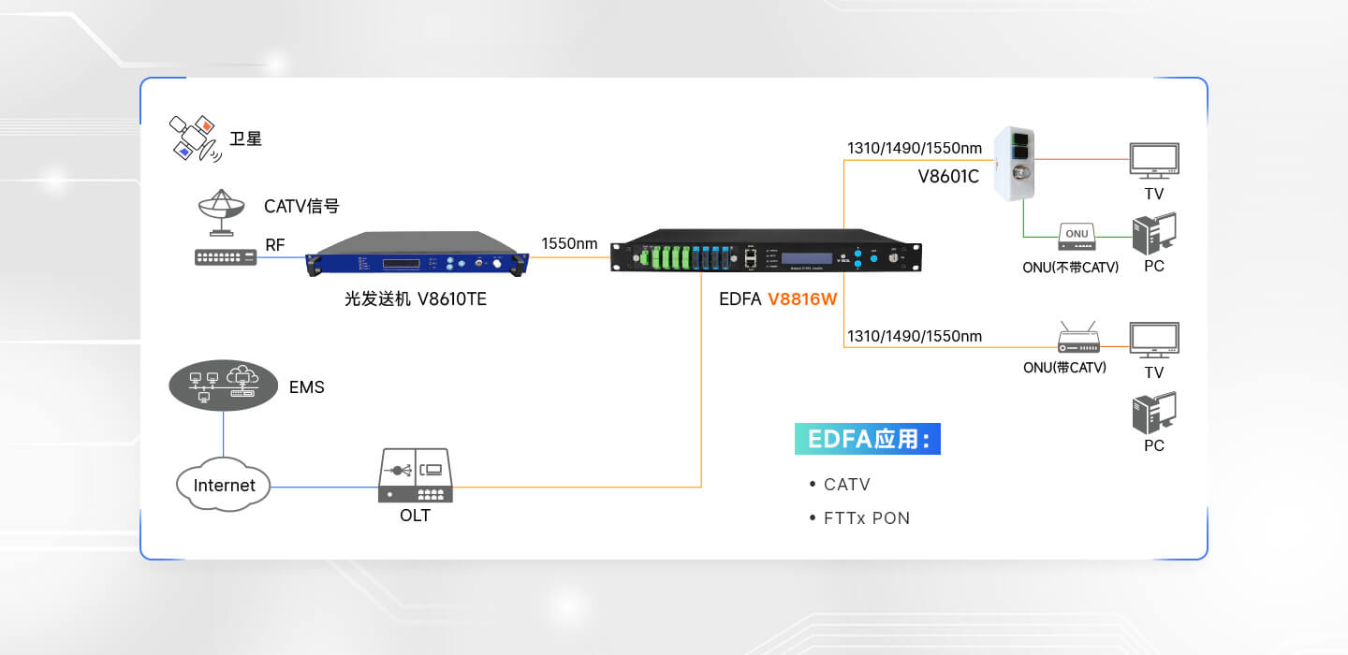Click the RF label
(x=275, y=245)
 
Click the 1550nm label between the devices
(x=569, y=244)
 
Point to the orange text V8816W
(x=802, y=300)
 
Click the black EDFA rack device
(x=766, y=253)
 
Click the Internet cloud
(x=224, y=485)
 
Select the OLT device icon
(x=415, y=475)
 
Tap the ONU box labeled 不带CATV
(x=1077, y=236)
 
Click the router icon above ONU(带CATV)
(x=1077, y=338)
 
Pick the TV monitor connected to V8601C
(x=1154, y=161)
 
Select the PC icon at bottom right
(x=1154, y=413)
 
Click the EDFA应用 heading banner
(x=868, y=439)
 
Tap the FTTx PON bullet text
(x=866, y=517)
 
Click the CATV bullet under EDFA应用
(x=846, y=485)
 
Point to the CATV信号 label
(x=301, y=206)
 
